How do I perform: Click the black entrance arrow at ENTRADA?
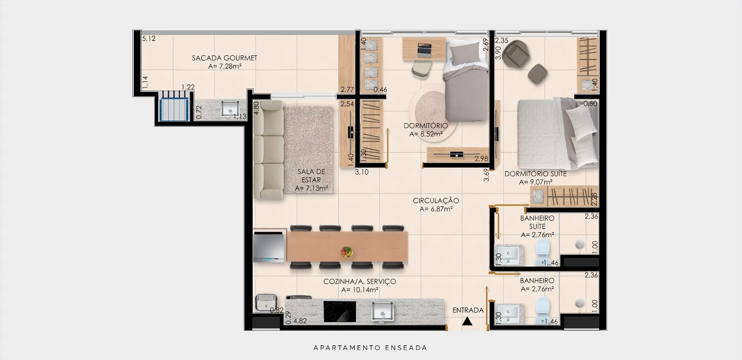coord(468,321)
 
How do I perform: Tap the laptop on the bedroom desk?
coord(424,49)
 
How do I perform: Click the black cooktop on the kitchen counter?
coord(339,311)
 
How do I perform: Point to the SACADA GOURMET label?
coord(225,58)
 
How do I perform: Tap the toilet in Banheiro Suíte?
coord(543,252)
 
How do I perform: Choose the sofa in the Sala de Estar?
coord(268,150)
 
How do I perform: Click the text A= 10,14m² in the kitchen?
coord(360,290)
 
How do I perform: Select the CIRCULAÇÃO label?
coord(436,200)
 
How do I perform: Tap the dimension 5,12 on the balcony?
coord(149,38)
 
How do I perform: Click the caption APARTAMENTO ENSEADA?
coord(370,348)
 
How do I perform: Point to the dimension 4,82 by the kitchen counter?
coord(300,321)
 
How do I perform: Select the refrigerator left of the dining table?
coord(269,246)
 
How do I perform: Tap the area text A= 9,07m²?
coord(536,182)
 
